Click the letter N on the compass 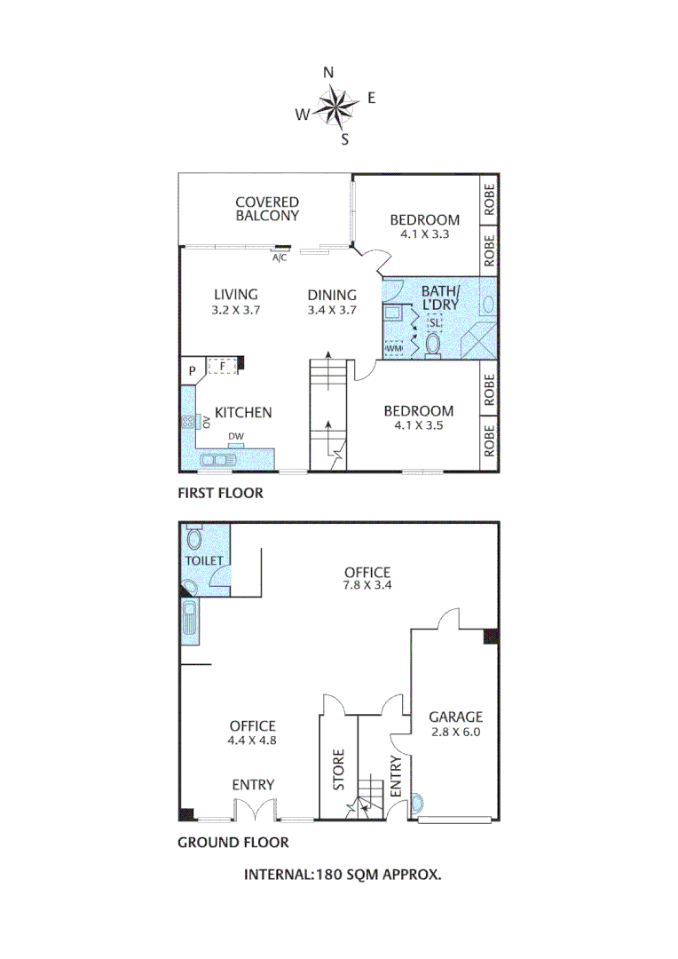point(327,73)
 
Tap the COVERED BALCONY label point(267,209)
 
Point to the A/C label point(279,258)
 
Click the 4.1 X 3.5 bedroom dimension point(418,425)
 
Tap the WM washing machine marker point(394,348)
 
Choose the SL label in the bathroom point(434,322)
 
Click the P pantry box point(191,372)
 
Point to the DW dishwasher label point(235,435)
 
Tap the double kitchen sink point(217,460)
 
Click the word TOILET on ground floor point(204,560)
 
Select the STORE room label point(339,770)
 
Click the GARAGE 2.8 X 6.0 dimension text point(455,733)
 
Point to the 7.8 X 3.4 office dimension point(367,587)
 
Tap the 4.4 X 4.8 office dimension point(253,740)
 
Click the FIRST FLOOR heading point(220,493)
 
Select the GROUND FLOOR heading point(233,843)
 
